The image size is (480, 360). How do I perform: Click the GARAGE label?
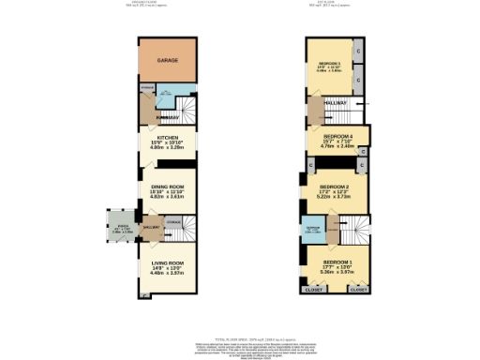(167, 60)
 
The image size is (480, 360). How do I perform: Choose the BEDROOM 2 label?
(336, 187)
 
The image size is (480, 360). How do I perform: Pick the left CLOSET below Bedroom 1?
(313, 291)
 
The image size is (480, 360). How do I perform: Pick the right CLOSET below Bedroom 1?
(358, 291)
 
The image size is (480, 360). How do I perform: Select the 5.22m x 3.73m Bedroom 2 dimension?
(336, 197)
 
